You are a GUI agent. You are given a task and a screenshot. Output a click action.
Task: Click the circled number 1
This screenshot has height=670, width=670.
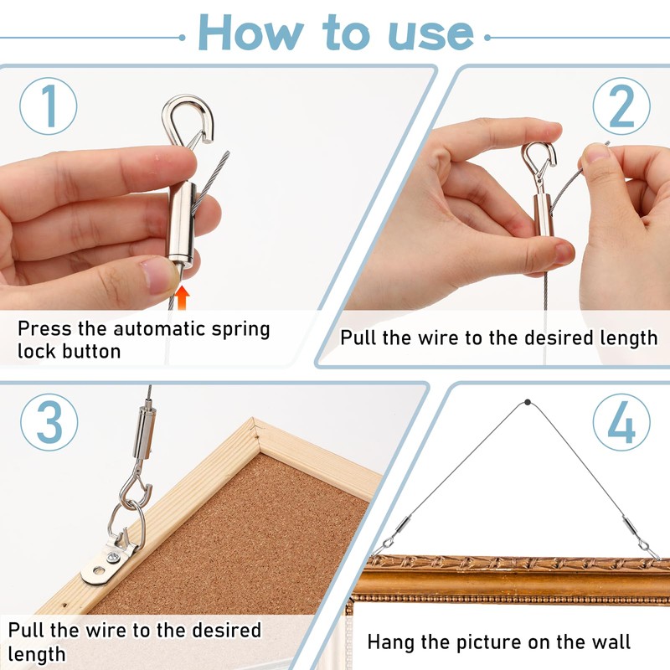[49, 106]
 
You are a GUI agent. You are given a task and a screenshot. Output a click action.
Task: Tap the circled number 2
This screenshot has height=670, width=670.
[621, 106]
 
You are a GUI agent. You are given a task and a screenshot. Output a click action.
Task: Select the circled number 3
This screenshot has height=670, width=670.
[49, 422]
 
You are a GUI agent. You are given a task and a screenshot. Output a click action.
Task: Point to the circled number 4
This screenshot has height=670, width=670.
[621, 422]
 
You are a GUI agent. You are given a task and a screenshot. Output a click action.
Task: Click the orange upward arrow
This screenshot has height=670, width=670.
[183, 297]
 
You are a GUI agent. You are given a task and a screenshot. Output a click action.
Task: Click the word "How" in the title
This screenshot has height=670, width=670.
[250, 33]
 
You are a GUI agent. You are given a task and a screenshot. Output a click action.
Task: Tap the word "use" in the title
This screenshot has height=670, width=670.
[430, 35]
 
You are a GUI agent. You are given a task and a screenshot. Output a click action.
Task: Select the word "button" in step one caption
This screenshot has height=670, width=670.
[91, 351]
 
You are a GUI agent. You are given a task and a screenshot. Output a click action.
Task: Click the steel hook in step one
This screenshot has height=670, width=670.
[205, 113]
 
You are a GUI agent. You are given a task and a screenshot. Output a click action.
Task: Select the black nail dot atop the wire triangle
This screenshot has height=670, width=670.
[528, 402]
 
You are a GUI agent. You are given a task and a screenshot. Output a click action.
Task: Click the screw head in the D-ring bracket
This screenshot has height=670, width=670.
[113, 557]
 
